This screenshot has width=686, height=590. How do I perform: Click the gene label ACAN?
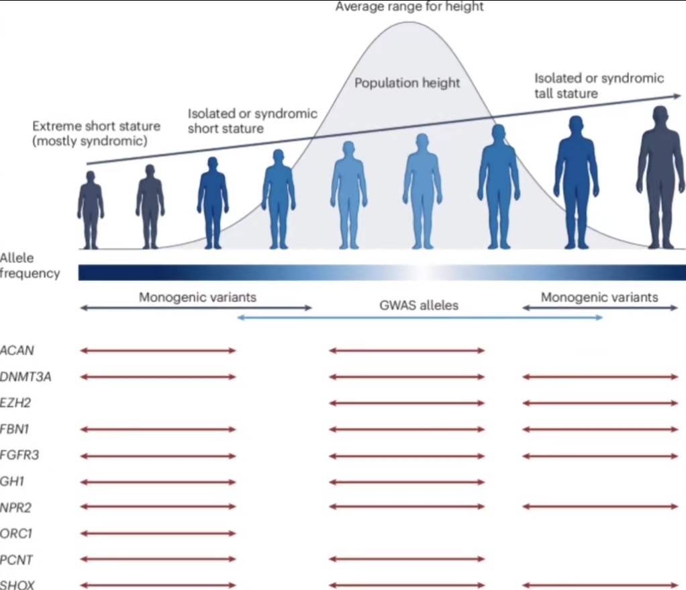[17, 351]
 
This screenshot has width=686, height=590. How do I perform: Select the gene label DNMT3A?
[26, 377]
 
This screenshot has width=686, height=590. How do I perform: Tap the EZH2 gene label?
[16, 403]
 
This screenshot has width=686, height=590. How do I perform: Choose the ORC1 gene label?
[17, 534]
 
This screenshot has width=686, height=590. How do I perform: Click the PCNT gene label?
[17, 559]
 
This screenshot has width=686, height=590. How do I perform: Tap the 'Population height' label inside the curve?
[407, 83]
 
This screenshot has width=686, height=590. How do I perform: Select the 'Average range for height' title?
[409, 7]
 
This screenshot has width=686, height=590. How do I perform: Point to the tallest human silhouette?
[660, 181]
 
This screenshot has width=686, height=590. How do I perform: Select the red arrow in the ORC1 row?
[158, 534]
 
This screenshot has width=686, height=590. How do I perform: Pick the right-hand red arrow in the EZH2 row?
[600, 403]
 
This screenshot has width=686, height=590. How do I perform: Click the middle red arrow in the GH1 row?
[407, 481]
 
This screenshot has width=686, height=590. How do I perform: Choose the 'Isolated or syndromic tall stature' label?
[599, 86]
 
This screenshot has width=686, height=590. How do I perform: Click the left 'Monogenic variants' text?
[197, 297]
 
